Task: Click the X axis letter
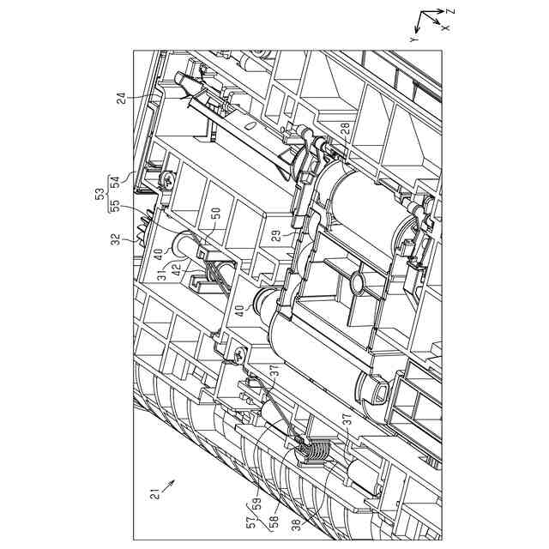pos(445,27)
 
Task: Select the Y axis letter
pos(413,40)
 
